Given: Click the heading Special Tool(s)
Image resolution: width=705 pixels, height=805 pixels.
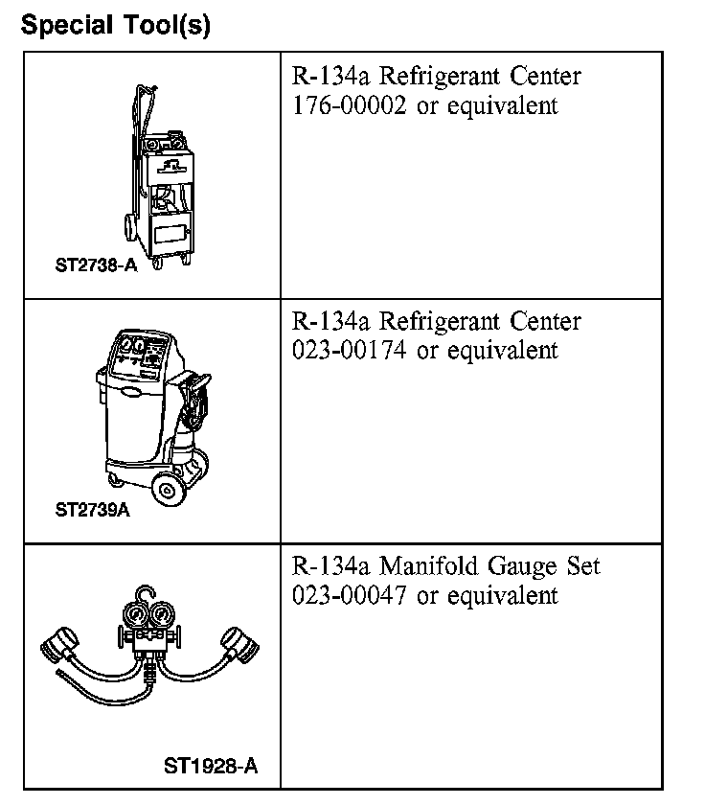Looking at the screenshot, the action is (116, 25).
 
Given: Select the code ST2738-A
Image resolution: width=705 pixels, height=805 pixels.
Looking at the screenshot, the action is (96, 264).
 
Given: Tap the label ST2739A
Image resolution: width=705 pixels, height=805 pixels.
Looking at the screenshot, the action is (92, 510).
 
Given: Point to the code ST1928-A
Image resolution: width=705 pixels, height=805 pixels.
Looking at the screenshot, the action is (211, 766).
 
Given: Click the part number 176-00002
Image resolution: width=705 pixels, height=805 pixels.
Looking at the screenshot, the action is (349, 105).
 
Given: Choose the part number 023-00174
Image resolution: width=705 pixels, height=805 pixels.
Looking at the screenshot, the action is (349, 351).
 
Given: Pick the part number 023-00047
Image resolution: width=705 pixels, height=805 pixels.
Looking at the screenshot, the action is (349, 595).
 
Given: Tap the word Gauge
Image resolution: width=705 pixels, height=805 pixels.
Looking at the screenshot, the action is (522, 567).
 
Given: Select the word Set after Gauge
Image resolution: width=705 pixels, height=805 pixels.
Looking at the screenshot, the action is (583, 565).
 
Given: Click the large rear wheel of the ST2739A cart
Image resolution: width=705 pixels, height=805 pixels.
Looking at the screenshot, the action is (167, 490).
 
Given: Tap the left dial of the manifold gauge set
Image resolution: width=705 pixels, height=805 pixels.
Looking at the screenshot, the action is (135, 615).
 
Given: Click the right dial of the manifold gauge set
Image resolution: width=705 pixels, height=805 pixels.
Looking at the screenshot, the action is (162, 615).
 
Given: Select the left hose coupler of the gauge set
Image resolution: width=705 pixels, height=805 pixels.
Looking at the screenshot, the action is (59, 645).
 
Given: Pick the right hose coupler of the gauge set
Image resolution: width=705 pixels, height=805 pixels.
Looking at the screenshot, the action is (240, 645).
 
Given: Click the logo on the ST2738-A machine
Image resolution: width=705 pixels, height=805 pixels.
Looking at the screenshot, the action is (171, 167).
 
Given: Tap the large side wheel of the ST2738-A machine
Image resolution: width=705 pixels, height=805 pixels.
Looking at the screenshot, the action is (130, 227).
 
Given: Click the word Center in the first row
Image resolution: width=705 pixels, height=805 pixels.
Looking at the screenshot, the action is (545, 76).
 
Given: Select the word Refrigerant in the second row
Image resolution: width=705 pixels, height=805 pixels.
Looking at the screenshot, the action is (440, 323).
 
